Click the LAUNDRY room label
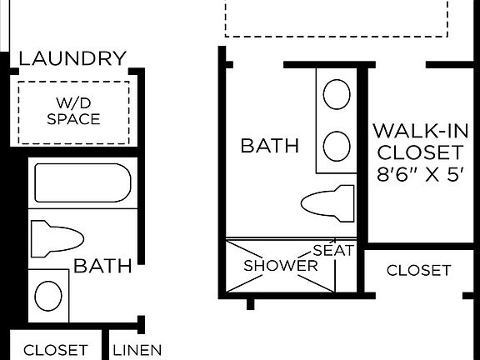[x=72, y=58]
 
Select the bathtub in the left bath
[x=82, y=182]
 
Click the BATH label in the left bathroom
[x=102, y=267]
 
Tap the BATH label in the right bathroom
[x=269, y=146]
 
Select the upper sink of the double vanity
[x=337, y=94]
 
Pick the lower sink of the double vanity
[x=337, y=147]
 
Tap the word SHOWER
[x=280, y=266]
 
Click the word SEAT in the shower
[x=334, y=250]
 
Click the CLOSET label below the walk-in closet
[x=418, y=270]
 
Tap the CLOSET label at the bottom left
[x=55, y=350]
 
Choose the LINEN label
[x=137, y=350]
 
